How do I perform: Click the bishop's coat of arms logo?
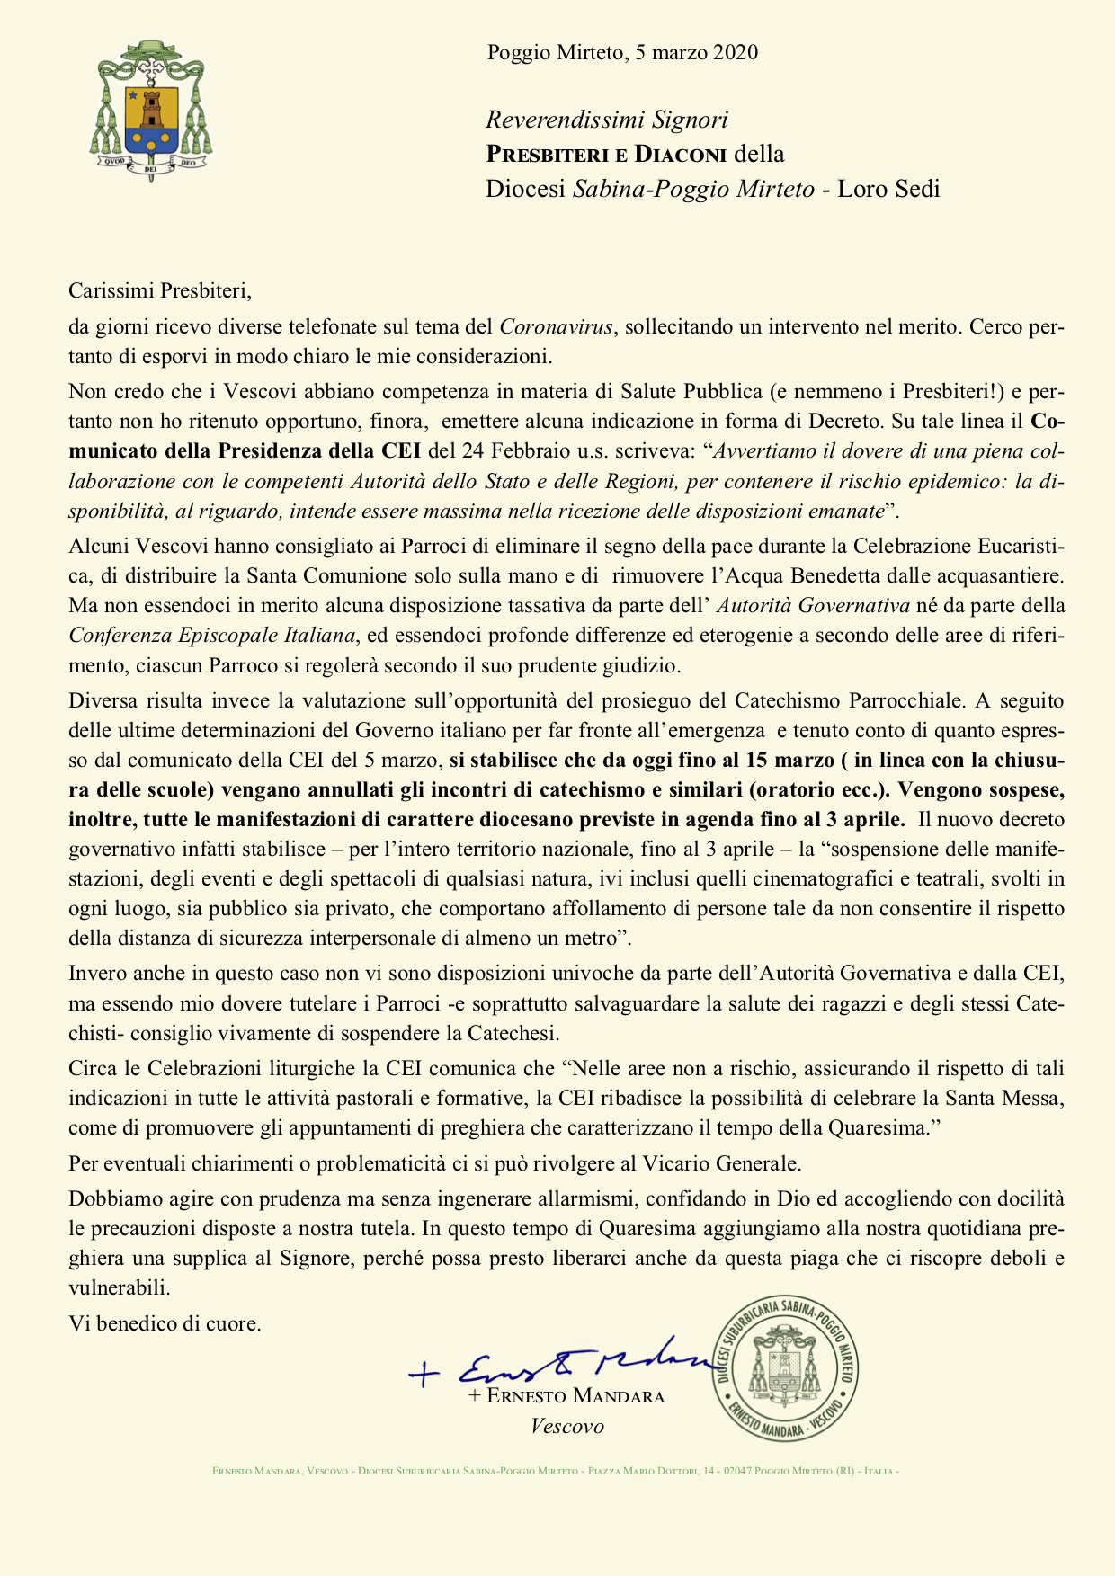(151, 110)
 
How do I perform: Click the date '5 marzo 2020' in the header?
(696, 52)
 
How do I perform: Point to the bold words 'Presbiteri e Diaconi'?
(606, 155)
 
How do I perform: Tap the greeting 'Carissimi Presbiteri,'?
(160, 289)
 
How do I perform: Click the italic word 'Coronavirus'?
(557, 326)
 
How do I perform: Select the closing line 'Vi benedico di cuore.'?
(165, 1323)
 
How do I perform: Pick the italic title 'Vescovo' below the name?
(567, 1426)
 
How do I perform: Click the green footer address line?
(556, 1471)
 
